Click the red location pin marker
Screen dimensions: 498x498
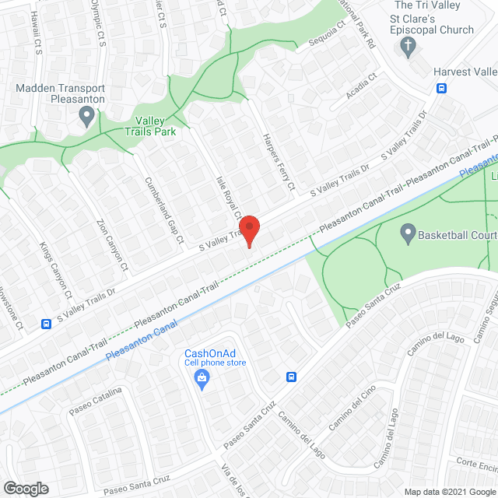[249, 228]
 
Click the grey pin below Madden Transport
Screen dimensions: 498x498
[87, 118]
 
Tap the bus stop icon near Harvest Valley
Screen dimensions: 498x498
[442, 88]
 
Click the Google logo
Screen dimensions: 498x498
[25, 488]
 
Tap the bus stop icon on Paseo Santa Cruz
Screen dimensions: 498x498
[292, 377]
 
